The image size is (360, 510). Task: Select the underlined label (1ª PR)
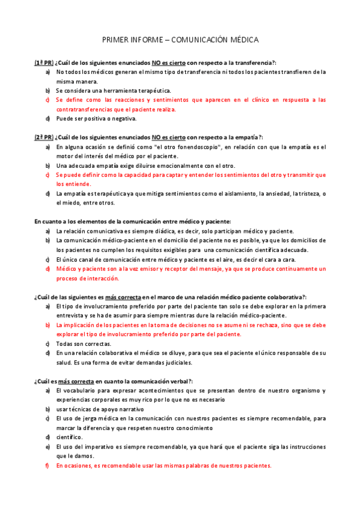tap(43, 63)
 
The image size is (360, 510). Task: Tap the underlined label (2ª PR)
tap(43, 137)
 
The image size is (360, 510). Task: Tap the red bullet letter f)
tap(47, 465)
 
